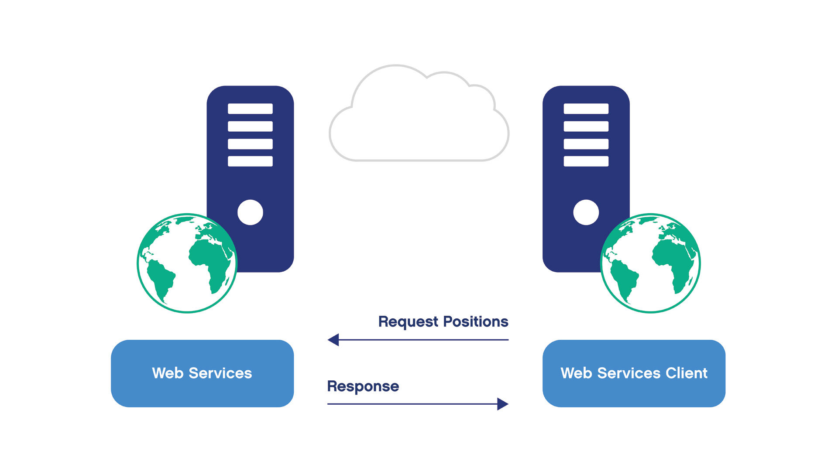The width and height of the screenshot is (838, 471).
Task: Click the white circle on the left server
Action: [250, 212]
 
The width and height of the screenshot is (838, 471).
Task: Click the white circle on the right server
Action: [586, 212]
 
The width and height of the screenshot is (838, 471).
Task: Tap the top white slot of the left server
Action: [250, 109]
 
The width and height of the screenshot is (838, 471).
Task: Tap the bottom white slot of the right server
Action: [586, 161]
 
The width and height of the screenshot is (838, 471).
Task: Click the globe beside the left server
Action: [187, 263]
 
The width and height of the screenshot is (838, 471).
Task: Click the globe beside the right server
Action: [650, 263]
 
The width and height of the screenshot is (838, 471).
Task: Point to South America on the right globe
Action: [624, 279]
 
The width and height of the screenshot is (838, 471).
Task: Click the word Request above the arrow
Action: [408, 322]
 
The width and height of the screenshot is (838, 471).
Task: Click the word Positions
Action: [475, 321]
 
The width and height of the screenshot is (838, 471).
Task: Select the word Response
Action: [363, 386]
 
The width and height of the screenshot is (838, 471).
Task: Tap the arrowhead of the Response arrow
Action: [502, 404]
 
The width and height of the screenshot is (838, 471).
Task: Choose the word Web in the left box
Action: [168, 373]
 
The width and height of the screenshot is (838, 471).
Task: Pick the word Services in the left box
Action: [220, 373]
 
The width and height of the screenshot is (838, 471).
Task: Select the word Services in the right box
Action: [628, 373]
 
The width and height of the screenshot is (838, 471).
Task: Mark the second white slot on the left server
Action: [250, 126]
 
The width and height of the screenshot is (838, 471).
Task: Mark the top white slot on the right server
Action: [586, 109]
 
